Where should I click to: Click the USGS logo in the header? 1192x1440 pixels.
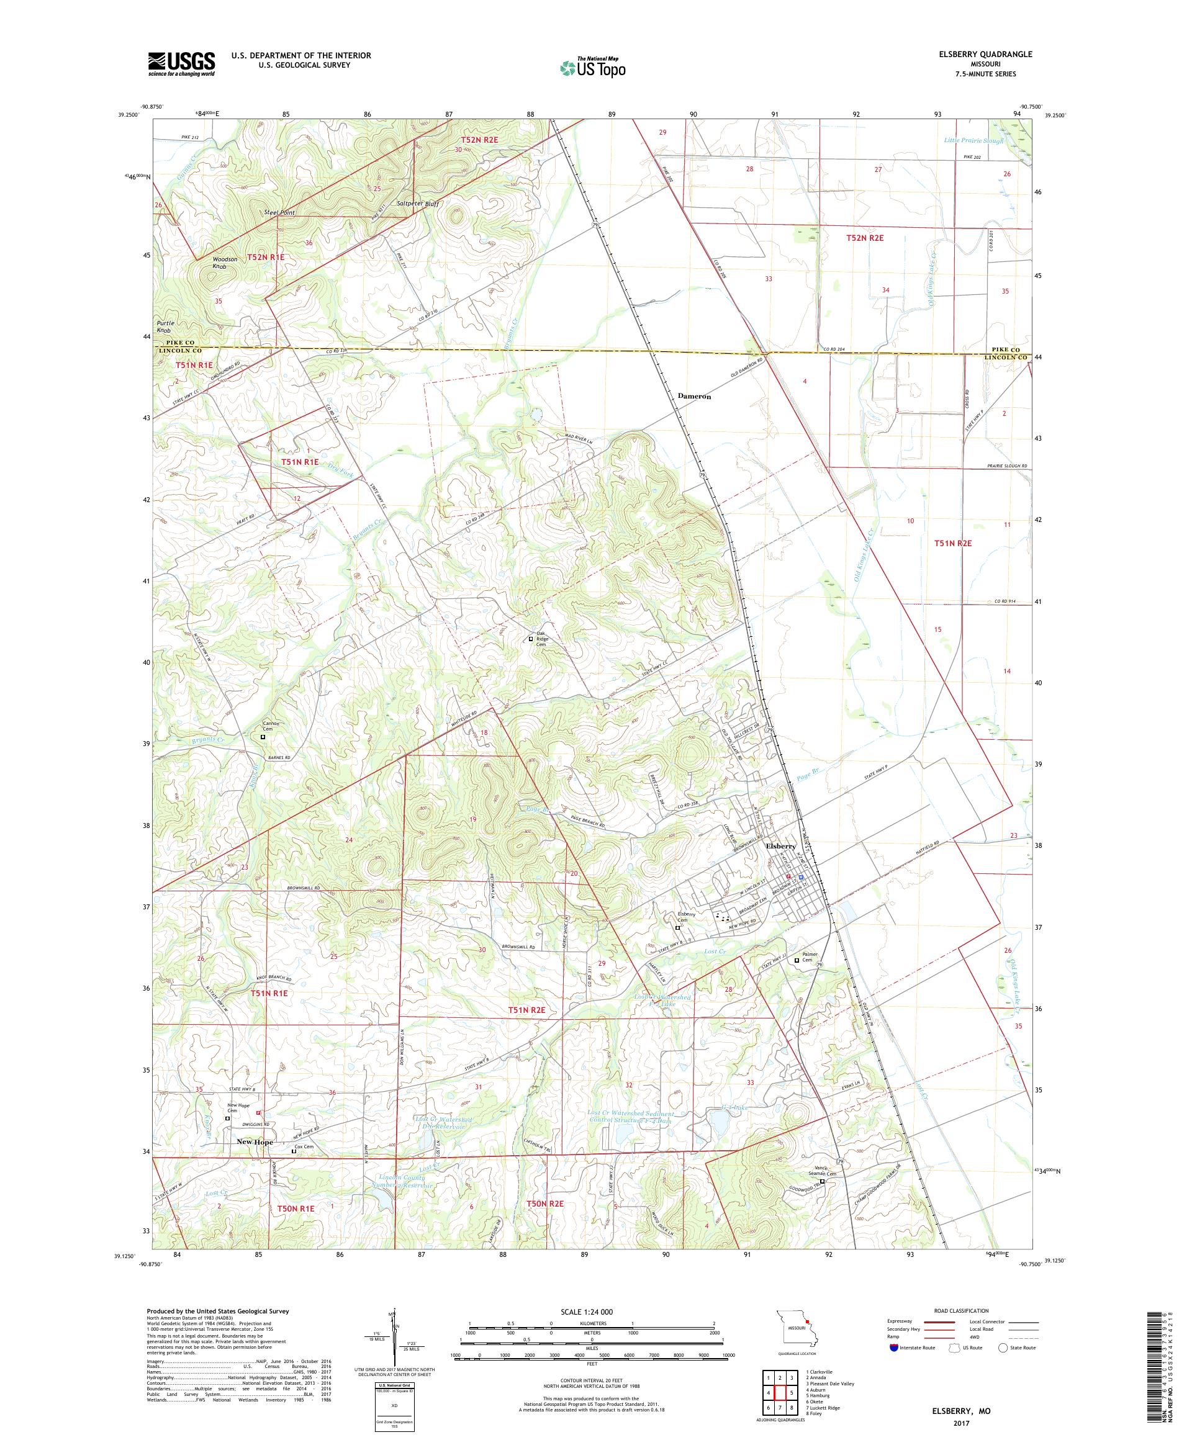click(x=182, y=65)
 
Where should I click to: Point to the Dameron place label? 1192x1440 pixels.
click(x=694, y=397)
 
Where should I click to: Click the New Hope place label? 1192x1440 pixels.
click(x=255, y=1141)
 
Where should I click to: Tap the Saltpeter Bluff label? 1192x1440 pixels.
click(x=418, y=204)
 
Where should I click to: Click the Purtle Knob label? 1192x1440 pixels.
click(x=165, y=326)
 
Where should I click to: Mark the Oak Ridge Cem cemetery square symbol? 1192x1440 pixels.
click(x=530, y=639)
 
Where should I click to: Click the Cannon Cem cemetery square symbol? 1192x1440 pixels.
click(x=263, y=737)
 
